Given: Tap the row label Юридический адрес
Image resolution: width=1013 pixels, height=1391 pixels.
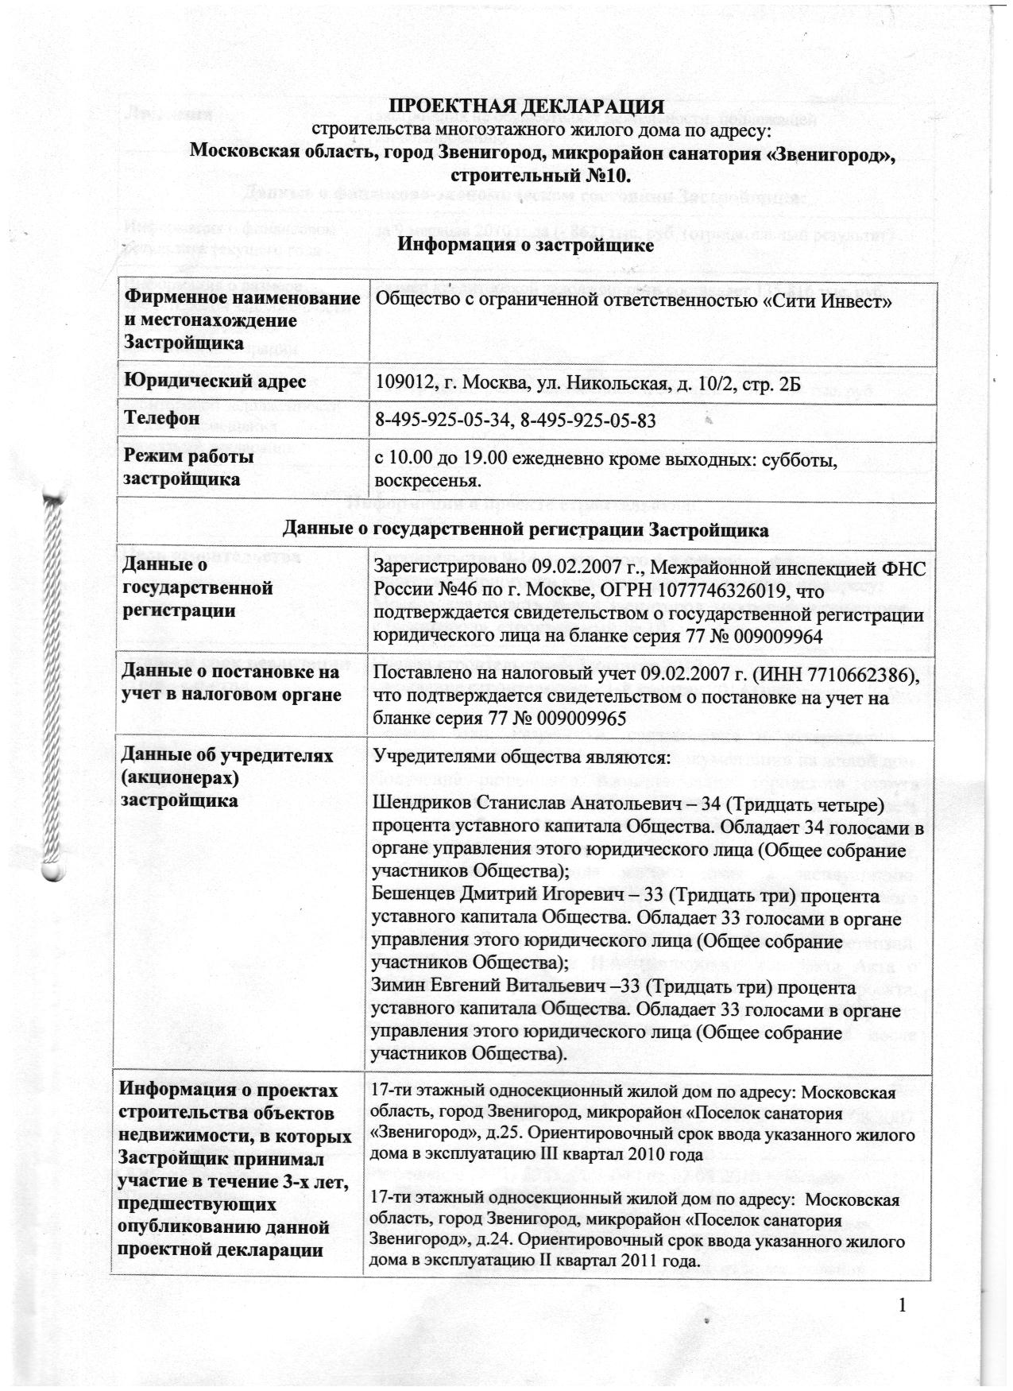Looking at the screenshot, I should [213, 382].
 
